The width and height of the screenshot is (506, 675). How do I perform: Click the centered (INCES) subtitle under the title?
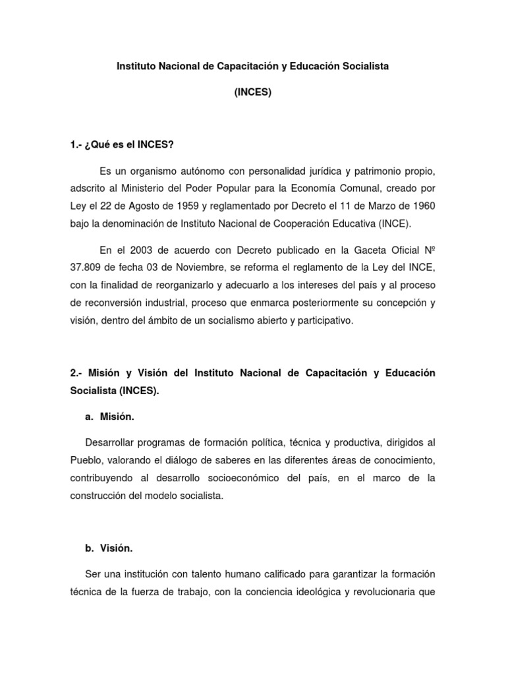click(253, 93)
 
